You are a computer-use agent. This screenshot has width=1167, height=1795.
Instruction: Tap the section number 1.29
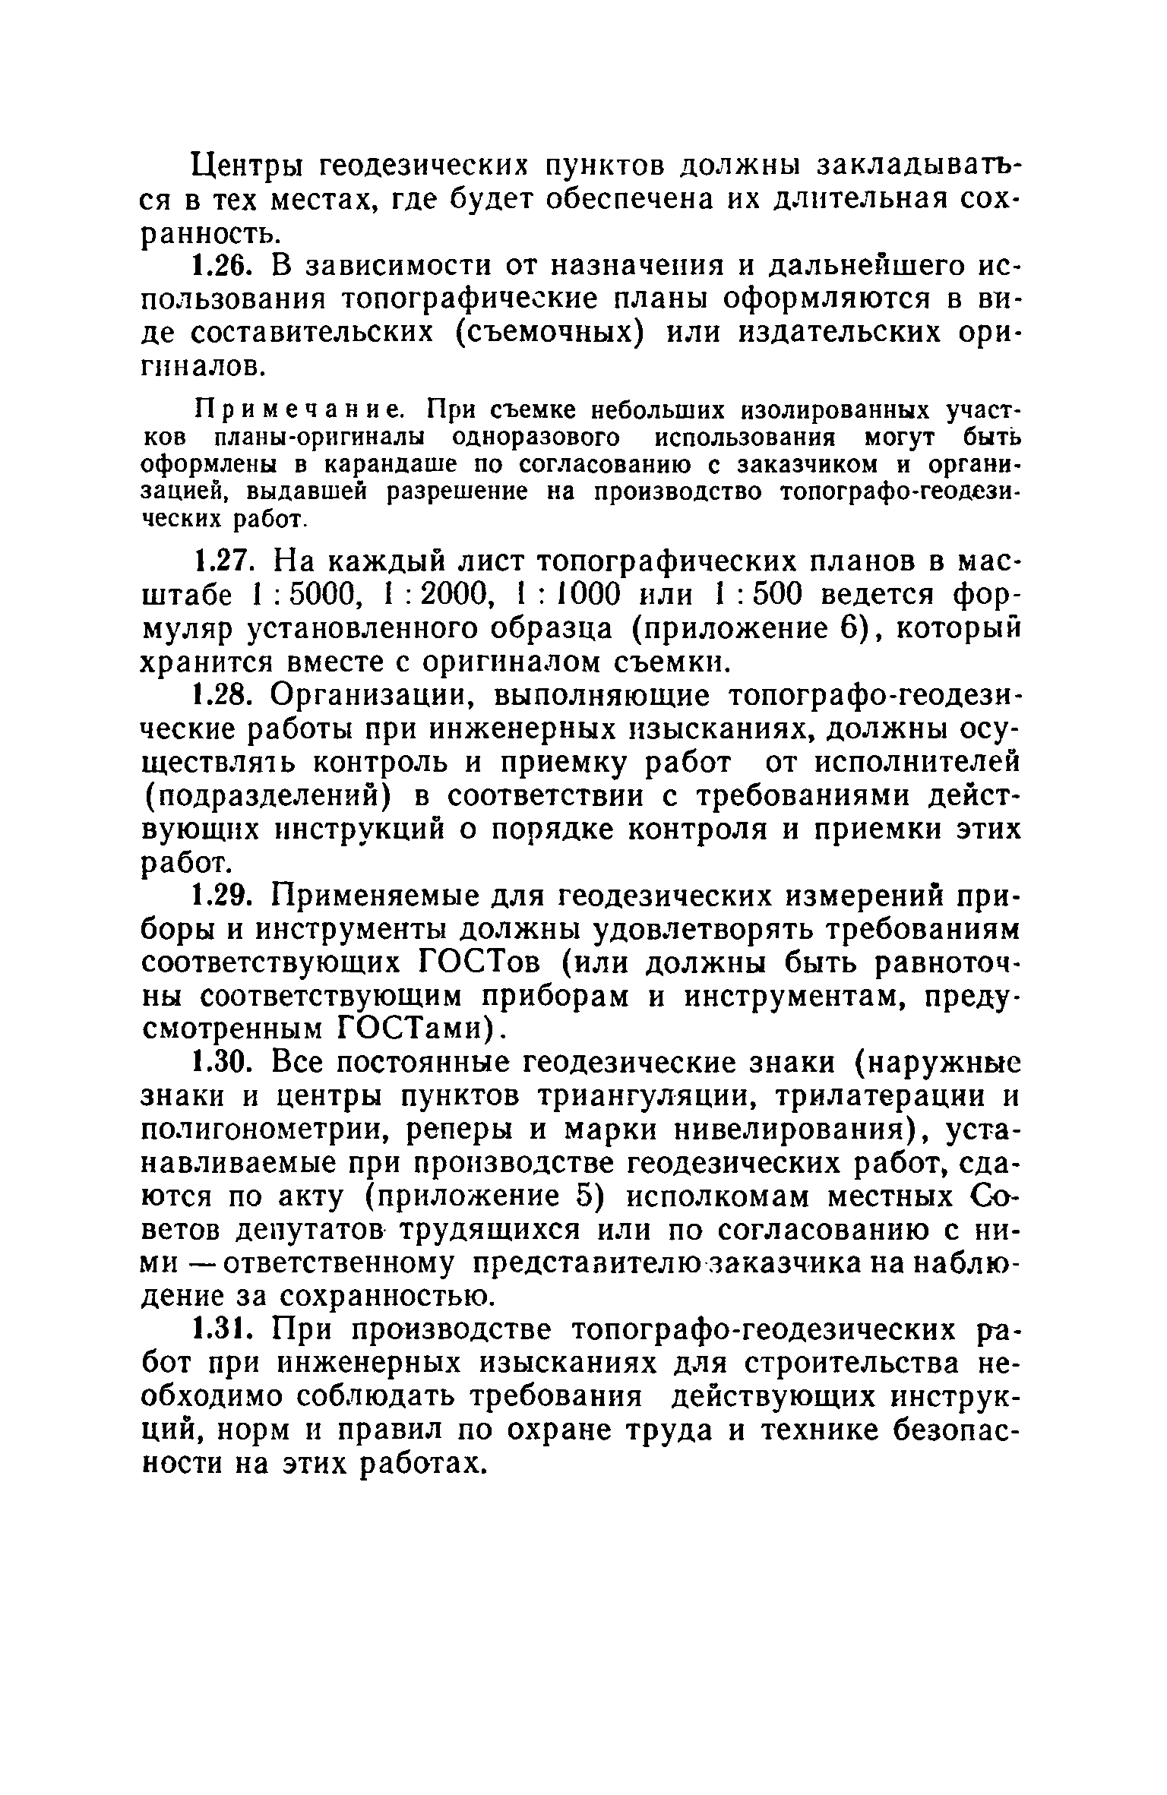pos(221,896)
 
